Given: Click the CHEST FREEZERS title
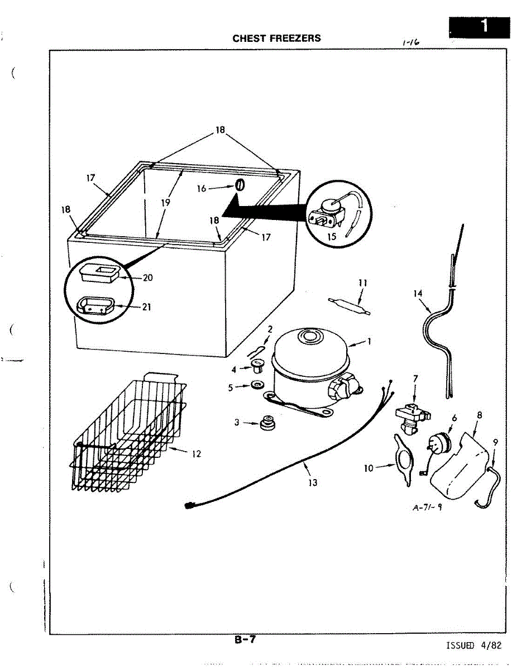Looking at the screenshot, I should pyautogui.click(x=276, y=39).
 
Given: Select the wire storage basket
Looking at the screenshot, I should pyautogui.click(x=127, y=435).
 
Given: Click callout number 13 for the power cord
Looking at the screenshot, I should pyautogui.click(x=313, y=482).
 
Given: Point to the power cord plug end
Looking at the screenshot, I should pyautogui.click(x=189, y=506).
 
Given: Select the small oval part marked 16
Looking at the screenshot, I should pyautogui.click(x=238, y=185).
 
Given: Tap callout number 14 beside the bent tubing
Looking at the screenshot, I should pyautogui.click(x=417, y=293).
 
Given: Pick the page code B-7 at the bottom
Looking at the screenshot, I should pyautogui.click(x=245, y=640).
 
